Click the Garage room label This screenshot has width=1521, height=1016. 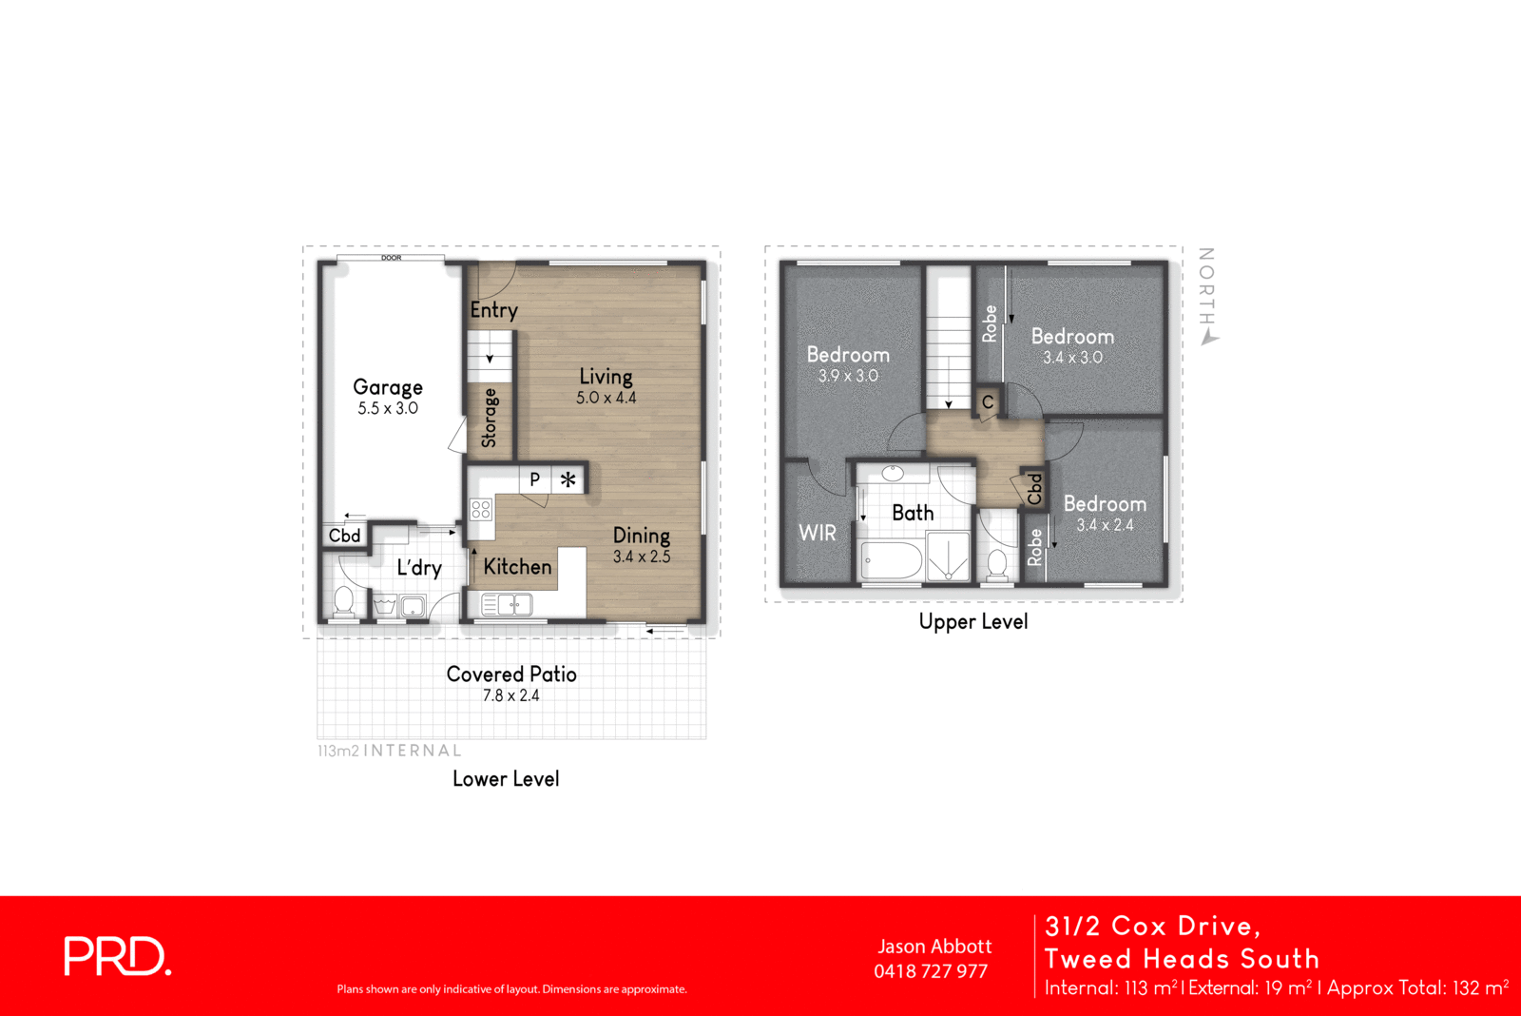pos(388,387)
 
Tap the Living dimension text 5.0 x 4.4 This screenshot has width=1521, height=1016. pos(606,398)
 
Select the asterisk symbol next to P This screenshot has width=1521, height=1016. pos(568,479)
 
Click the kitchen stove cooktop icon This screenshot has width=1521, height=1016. pos(481,510)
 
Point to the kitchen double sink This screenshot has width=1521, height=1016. pos(508,604)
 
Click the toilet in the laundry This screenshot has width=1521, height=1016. pos(343,601)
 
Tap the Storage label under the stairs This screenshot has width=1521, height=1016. pos(490,418)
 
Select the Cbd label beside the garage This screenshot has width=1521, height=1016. pos(344,536)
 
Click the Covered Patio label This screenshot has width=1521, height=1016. pos(511,674)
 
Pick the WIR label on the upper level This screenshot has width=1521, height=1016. pos(818,533)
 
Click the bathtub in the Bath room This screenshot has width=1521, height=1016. pos(892,560)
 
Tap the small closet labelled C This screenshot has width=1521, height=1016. pos(988,402)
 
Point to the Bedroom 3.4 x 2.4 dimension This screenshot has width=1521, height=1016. pos(1105,525)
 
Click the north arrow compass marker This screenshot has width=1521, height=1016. pos(1209,337)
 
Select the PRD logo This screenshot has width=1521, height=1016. pos(117,957)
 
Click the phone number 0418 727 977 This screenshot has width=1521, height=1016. pos(931,971)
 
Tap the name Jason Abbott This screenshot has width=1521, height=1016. pos(934,947)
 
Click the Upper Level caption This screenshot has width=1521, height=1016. pos(972,622)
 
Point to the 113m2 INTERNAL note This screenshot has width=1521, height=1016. pos(389,751)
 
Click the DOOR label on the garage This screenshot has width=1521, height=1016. pos(391,258)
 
